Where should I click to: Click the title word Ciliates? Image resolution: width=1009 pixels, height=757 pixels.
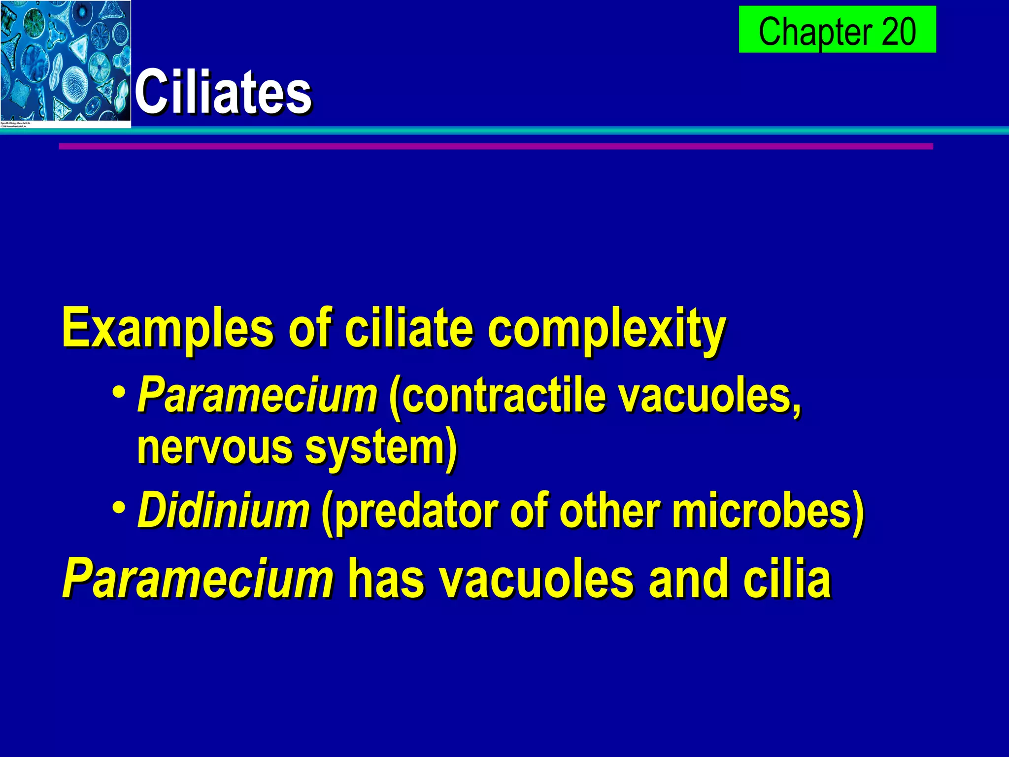223,92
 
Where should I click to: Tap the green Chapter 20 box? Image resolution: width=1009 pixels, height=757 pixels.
837,30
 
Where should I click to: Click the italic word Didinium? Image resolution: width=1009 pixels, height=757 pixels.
224,510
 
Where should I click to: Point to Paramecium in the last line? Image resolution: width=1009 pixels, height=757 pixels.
198,578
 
